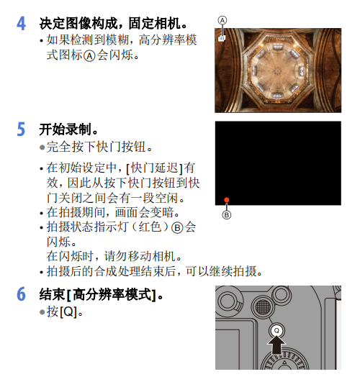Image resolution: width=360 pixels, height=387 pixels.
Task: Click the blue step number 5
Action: click(x=22, y=130)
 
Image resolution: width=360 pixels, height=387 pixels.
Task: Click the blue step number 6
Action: click(x=22, y=296)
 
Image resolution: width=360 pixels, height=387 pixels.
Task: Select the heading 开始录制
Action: click(x=68, y=130)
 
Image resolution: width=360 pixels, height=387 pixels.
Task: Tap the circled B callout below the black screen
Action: click(x=226, y=215)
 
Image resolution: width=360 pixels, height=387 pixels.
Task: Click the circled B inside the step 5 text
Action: click(x=176, y=227)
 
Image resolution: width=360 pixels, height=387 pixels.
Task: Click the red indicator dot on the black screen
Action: click(x=226, y=200)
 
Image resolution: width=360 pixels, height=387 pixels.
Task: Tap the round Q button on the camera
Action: click(x=276, y=329)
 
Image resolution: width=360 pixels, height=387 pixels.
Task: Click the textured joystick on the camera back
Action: click(x=263, y=307)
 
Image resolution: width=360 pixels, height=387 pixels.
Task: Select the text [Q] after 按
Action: click(x=70, y=313)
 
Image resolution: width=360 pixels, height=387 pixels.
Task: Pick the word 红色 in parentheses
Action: click(x=148, y=227)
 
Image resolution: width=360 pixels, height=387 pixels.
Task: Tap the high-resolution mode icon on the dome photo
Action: click(x=222, y=38)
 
